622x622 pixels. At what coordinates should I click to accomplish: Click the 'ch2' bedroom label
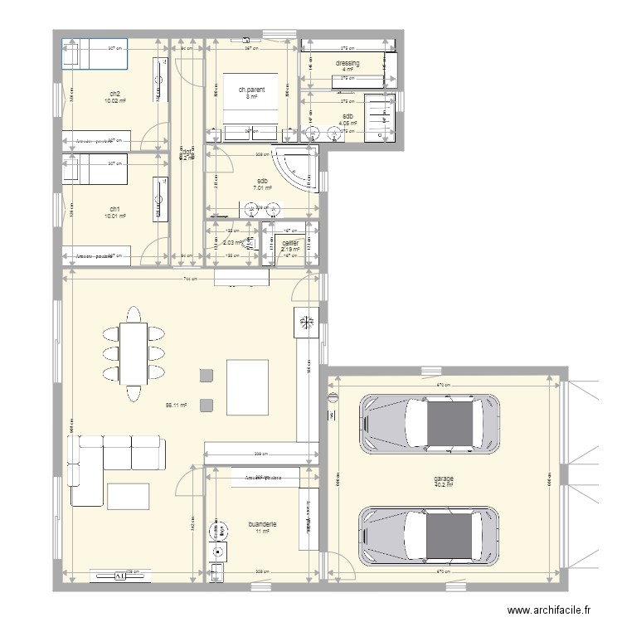coord(114,94)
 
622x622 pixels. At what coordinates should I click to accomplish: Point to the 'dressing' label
coord(347,63)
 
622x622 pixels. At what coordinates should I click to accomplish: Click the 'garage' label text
coord(442,479)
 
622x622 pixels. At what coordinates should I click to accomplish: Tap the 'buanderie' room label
coord(262,524)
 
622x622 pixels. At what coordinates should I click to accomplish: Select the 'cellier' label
coord(289,242)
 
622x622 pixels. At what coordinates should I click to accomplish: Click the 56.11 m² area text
coord(176,406)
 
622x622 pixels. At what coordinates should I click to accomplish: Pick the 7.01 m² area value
coord(263,188)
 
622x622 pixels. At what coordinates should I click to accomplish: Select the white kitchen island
coord(247,386)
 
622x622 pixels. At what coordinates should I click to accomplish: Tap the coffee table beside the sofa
coord(129,494)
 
